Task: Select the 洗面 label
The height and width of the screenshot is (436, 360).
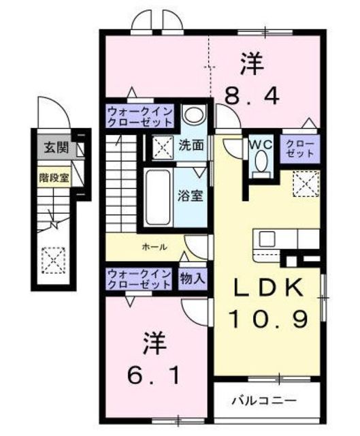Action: coord(192,145)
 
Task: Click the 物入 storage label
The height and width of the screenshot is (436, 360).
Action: coord(192,278)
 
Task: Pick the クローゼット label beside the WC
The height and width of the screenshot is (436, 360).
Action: coord(300,148)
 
